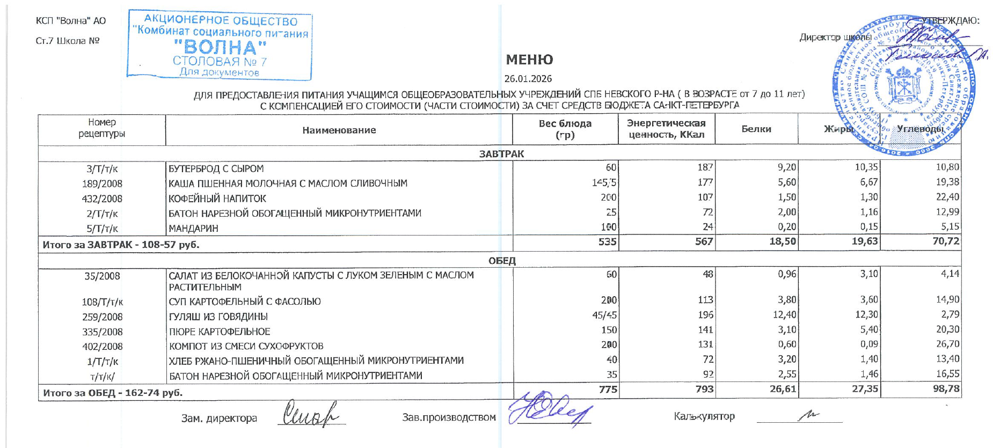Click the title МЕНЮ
[x=529, y=60]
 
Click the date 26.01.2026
[x=528, y=79]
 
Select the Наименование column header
[x=339, y=130]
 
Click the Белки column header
[x=756, y=129]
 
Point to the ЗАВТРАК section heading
[x=501, y=154]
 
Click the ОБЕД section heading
[x=502, y=261]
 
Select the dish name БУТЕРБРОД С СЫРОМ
[x=216, y=168]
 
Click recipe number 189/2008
[x=102, y=183]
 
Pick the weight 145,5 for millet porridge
[x=604, y=183]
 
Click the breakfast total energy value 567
[x=704, y=241]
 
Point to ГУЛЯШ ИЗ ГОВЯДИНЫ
[x=218, y=317]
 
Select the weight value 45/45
[x=604, y=315]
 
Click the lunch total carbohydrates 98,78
[x=946, y=388]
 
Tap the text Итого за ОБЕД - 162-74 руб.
[x=113, y=393]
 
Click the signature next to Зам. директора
[x=311, y=415]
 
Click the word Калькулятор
[x=704, y=416]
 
